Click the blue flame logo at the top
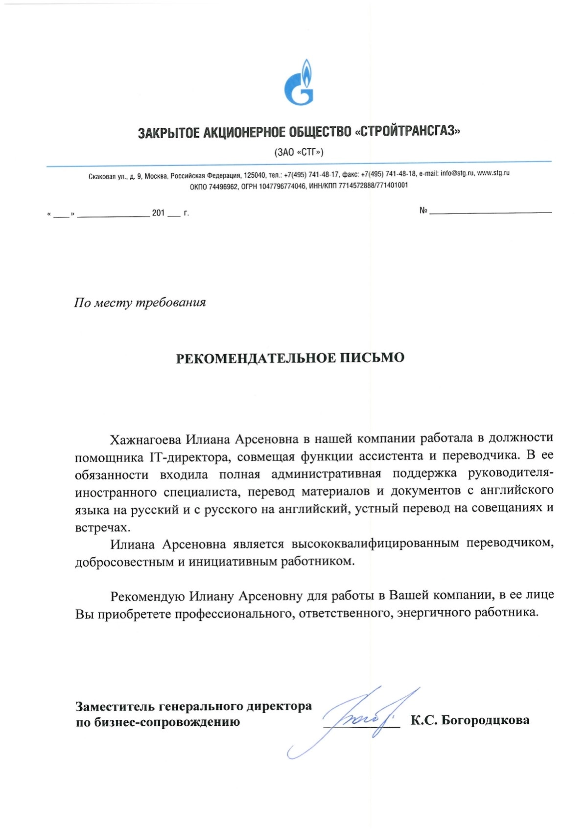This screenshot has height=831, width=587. (299, 83)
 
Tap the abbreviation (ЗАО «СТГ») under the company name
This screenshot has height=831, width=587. (299, 152)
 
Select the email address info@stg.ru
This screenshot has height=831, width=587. (457, 173)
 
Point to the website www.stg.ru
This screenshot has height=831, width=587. (493, 173)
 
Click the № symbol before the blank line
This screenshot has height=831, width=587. (423, 211)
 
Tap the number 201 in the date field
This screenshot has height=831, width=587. (158, 213)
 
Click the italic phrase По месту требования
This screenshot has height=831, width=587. (140, 303)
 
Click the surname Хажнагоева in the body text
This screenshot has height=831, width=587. (145, 439)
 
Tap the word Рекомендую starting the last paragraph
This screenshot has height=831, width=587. (147, 596)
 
